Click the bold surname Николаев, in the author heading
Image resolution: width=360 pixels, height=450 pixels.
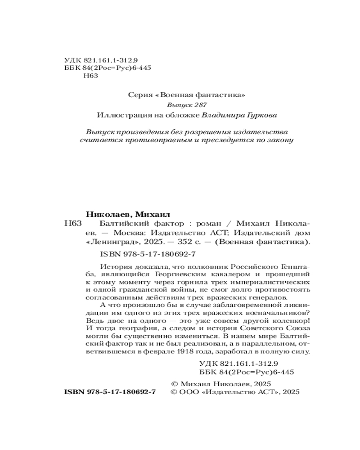pos(109,213)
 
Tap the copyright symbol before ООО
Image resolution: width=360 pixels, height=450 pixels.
pos(175,392)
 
